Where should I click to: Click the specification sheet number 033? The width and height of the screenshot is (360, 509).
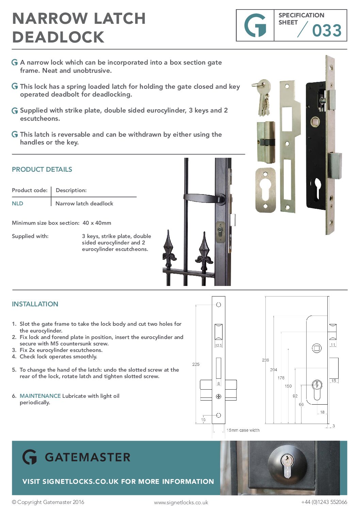(327, 31)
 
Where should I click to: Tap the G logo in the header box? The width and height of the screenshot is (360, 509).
(255, 26)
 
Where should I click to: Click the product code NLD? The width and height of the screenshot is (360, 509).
(17, 204)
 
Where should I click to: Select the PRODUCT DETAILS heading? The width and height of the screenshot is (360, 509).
(42, 169)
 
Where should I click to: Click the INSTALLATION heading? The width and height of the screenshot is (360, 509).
(35, 304)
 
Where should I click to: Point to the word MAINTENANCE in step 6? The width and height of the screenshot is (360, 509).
(40, 396)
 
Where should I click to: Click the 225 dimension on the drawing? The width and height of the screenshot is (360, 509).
(196, 364)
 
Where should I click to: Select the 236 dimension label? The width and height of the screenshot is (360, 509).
(265, 360)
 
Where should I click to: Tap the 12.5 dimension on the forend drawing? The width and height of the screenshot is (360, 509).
(218, 345)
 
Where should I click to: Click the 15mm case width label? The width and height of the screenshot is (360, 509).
(243, 430)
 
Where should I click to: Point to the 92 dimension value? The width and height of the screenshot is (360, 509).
(295, 396)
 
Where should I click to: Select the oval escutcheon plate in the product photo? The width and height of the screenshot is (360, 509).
(265, 190)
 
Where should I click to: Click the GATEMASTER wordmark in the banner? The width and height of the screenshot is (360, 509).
(87, 457)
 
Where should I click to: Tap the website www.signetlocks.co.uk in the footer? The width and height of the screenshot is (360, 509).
(181, 502)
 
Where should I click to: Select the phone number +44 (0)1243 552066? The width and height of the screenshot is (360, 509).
(324, 502)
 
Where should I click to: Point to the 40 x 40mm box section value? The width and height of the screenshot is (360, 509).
(97, 223)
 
